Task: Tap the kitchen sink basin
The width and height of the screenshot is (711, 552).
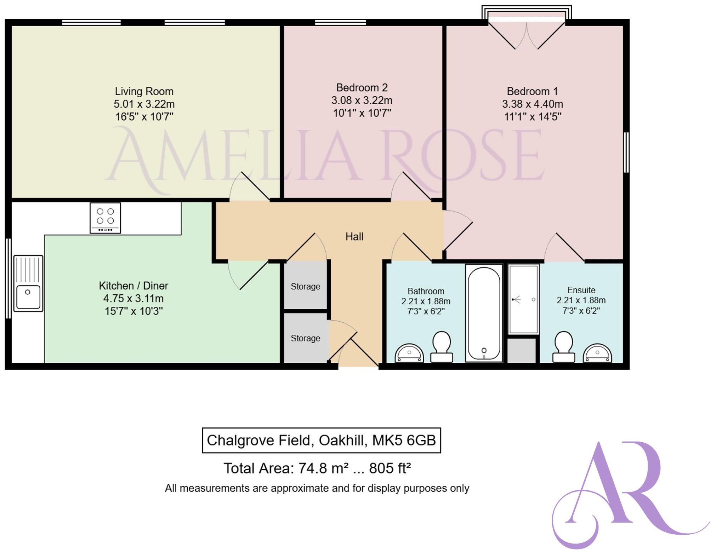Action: tap(28, 296)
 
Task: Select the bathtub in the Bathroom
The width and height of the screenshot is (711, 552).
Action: tap(484, 313)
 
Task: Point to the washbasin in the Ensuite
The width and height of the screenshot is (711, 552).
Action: tap(597, 353)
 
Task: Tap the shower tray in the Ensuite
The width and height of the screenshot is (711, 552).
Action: tap(523, 299)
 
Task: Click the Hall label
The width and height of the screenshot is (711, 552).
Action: tap(354, 236)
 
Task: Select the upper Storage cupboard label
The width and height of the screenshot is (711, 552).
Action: tap(305, 286)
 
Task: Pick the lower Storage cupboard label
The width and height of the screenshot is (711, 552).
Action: tap(305, 338)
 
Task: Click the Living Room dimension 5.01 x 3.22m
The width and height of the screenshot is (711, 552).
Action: tap(144, 104)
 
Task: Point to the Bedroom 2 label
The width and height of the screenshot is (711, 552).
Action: tap(362, 87)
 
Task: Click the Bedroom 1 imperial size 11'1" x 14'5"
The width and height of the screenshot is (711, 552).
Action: tap(532, 116)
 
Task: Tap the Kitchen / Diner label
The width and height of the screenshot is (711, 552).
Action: tap(133, 286)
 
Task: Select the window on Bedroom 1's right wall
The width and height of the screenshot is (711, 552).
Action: tap(626, 152)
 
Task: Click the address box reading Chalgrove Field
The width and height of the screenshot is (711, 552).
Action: tap(321, 440)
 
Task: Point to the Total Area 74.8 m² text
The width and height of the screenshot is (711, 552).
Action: tap(317, 468)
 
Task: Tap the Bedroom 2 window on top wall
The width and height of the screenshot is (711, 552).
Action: tap(340, 22)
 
